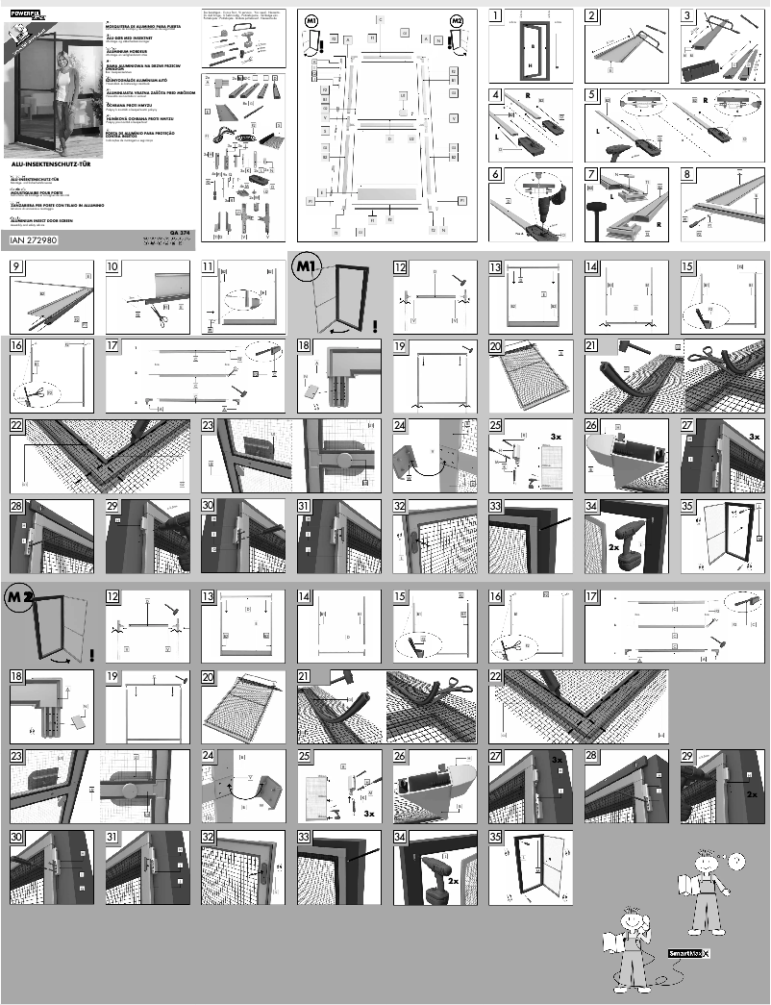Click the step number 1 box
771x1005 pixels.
click(495, 15)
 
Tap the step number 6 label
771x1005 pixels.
click(495, 175)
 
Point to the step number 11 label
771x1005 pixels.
click(209, 268)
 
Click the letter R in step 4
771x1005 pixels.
click(527, 97)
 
